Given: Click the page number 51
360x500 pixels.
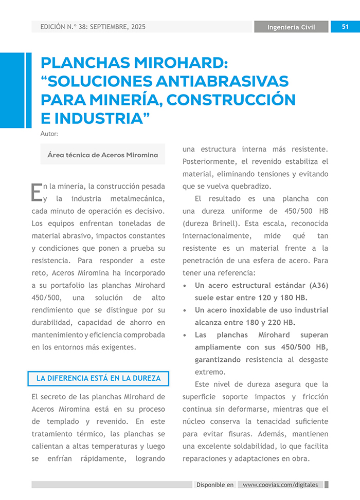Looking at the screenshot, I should click(345, 27).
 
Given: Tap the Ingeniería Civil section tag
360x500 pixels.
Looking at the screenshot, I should click(291, 27).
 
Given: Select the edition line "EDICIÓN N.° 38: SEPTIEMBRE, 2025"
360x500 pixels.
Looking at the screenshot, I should click(93, 27).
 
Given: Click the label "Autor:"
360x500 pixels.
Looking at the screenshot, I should click(49, 134).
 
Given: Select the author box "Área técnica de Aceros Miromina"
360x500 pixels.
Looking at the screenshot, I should click(103, 155).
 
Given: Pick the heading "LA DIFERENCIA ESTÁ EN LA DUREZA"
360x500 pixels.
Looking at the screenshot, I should click(98, 379).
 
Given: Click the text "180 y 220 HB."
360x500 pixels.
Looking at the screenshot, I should click(271, 322).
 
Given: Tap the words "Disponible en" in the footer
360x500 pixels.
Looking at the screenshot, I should click(215, 485).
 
